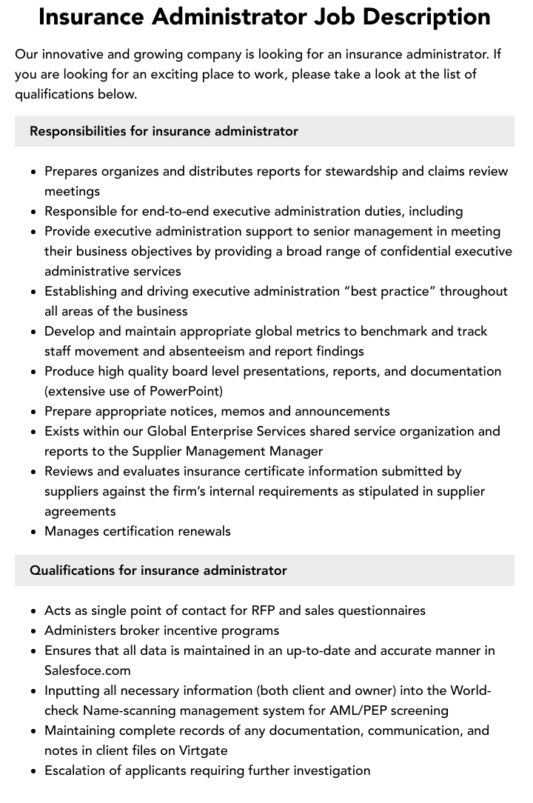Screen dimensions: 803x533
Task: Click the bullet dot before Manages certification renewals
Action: coord(34,532)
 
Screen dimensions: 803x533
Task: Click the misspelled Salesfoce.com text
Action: coord(87,670)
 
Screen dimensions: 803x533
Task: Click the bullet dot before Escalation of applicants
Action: coord(34,771)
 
